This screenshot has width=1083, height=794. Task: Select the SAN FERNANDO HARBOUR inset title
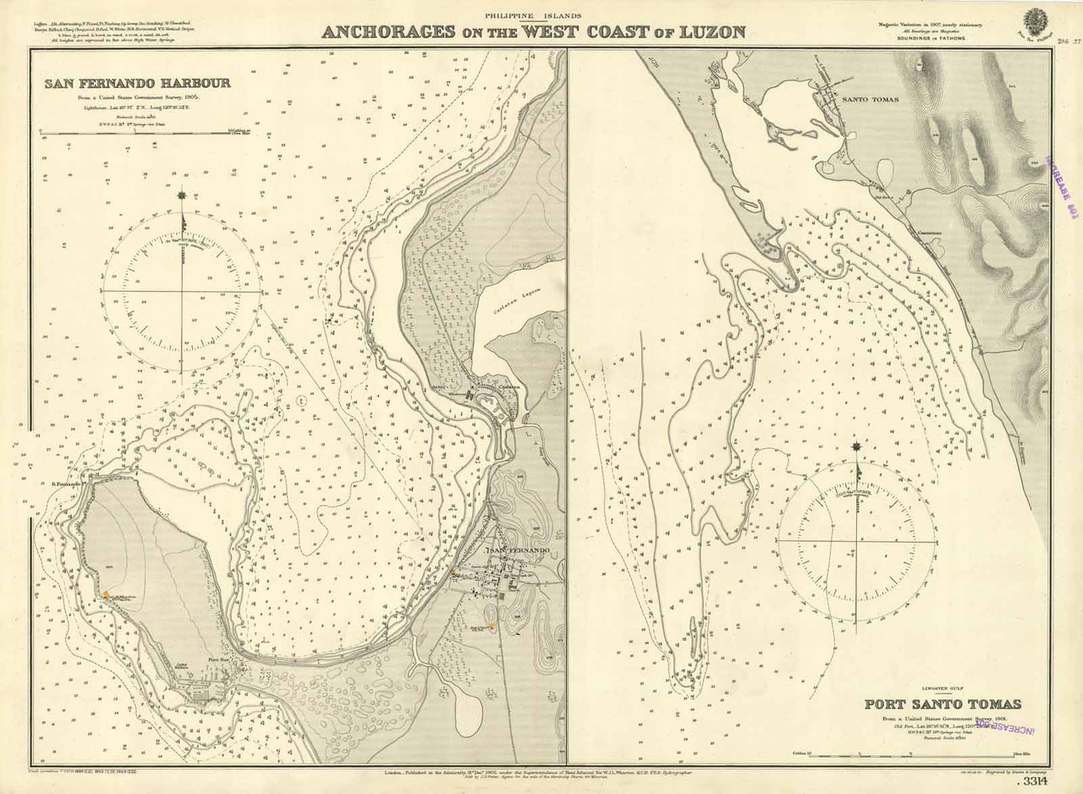tap(137, 84)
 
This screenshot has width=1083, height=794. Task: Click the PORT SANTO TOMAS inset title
tap(942, 704)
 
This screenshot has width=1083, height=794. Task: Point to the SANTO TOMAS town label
tap(870, 99)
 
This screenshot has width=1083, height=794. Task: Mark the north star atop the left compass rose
tap(181, 197)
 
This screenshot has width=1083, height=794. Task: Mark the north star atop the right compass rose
tap(857, 447)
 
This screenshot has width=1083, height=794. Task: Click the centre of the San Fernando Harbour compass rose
tap(181, 291)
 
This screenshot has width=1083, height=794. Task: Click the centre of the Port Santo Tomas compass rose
tap(857, 541)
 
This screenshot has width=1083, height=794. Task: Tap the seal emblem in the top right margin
tap(1034, 19)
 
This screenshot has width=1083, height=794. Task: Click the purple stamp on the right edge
tap(1064, 188)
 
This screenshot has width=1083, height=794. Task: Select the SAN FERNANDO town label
tap(518, 551)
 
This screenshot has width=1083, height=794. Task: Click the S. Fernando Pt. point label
tap(64, 484)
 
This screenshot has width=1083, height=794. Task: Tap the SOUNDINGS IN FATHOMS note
tap(932, 39)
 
